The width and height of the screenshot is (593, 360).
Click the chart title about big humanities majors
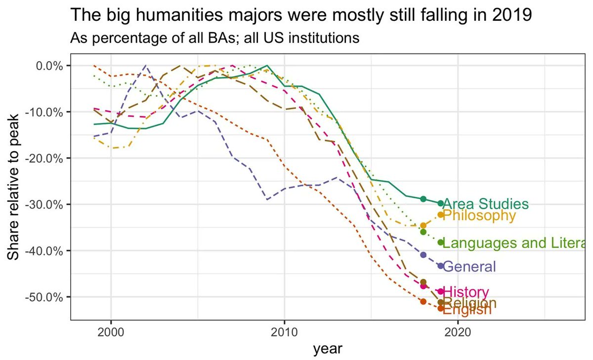pos(301,15)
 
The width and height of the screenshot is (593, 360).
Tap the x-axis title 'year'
pos(327,349)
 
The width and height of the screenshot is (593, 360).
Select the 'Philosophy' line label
pos(479,216)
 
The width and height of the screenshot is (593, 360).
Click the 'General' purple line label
pos(469,267)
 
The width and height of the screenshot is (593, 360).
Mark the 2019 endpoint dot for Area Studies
pos(441,203)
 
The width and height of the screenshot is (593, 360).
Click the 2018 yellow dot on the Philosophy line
pos(423,225)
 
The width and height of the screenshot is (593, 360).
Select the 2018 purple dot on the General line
pos(423,255)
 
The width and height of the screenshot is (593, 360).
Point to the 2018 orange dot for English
pos(423,301)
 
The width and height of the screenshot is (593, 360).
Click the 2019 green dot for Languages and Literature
pos(441,242)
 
